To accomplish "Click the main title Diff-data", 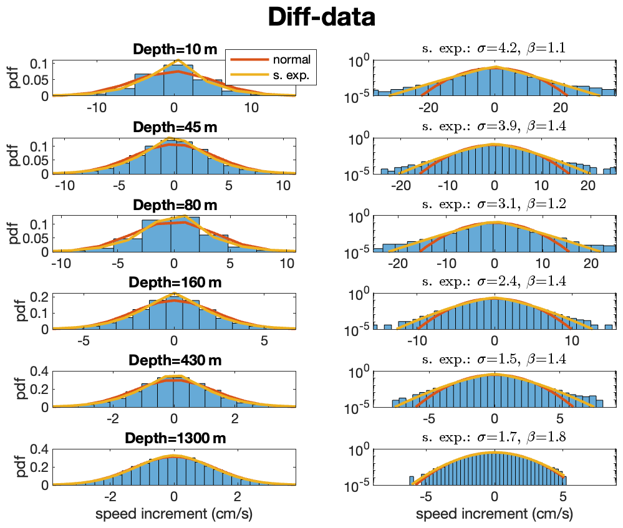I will point(321,18).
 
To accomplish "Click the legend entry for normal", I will point(291,60).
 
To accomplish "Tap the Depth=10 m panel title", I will point(174,50).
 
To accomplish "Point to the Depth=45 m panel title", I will point(174,128).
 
